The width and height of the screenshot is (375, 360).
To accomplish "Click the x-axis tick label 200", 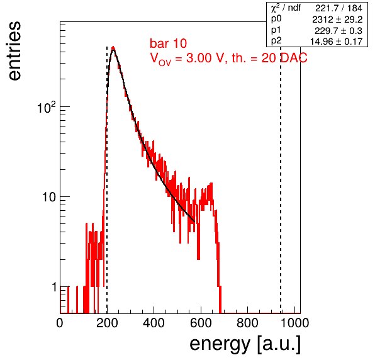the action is [x=107, y=323].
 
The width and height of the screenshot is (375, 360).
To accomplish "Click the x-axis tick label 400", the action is [x=154, y=323].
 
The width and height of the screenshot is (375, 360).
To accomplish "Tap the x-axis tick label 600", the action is [x=201, y=323].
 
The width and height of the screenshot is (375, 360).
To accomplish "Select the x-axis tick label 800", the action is [x=247, y=323].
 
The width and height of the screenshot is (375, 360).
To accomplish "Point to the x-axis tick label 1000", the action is [x=294, y=323].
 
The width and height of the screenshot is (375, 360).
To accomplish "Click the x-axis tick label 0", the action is [x=60, y=323].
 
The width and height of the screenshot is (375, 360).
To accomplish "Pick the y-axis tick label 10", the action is [x=50, y=198].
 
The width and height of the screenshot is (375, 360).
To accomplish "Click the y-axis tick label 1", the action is [x=54, y=287].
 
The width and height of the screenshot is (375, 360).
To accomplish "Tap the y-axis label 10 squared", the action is [x=47, y=107].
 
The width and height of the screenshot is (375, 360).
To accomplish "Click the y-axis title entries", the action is [x=15, y=51].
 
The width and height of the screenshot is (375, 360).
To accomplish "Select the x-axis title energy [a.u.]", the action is [x=245, y=344].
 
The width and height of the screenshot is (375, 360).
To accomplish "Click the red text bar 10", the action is [x=169, y=43].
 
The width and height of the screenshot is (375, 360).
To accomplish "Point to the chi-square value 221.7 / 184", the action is [x=339, y=8].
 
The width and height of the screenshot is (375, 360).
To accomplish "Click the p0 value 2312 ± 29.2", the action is [x=337, y=20].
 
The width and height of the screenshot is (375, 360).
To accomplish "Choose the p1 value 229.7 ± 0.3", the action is [x=339, y=31].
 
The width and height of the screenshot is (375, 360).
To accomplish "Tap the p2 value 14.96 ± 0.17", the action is [x=336, y=42].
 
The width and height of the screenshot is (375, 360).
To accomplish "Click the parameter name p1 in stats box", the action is [x=276, y=30].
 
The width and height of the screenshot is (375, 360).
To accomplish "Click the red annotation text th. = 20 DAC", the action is [x=269, y=58].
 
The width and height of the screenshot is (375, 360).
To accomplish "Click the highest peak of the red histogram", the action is [x=113, y=47].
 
